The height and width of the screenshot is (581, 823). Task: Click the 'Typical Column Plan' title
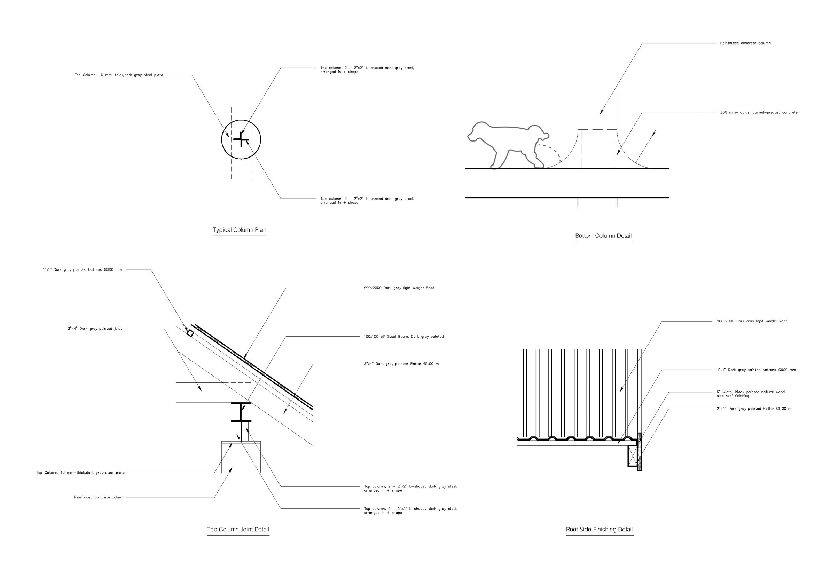click(240, 230)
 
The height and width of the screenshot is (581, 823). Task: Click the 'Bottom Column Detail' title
click(603, 235)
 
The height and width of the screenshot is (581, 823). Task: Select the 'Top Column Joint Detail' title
click(238, 529)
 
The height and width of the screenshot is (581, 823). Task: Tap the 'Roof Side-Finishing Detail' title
click(599, 529)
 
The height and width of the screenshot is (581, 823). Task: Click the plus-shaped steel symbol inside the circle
click(241, 140)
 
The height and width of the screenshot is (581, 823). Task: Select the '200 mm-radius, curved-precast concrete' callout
click(759, 112)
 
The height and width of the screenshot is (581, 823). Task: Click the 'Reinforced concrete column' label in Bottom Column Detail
click(745, 43)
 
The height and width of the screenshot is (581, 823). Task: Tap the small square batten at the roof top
click(190, 333)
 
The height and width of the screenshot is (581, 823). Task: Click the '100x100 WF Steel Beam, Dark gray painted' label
click(403, 337)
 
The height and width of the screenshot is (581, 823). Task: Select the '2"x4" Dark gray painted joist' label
click(95, 329)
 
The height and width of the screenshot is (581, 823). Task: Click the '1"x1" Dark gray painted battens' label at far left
click(82, 270)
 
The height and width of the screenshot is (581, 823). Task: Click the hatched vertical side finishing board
click(640, 452)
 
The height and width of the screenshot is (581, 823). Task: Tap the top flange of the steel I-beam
click(241, 403)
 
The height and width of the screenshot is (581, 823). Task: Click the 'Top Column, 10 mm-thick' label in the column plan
click(118, 75)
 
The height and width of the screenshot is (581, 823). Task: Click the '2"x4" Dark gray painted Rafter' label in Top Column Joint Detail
click(401, 364)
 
